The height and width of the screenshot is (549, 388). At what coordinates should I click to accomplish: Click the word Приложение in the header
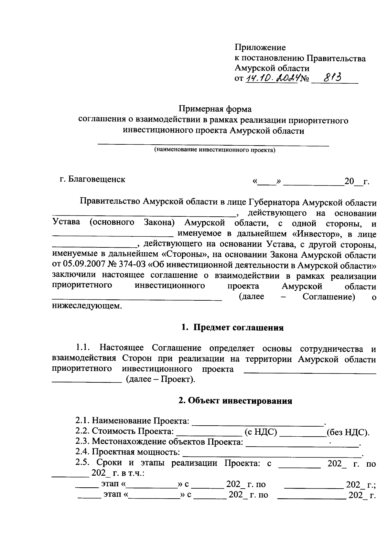pyautogui.click(x=260, y=48)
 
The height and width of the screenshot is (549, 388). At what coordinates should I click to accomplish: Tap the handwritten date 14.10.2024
pyautogui.click(x=272, y=78)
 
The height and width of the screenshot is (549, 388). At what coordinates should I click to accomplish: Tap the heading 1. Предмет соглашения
pyautogui.click(x=232, y=328)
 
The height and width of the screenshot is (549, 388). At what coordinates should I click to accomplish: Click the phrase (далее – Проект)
pyautogui.click(x=161, y=379)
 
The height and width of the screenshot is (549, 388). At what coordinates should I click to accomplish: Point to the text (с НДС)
pyautogui.click(x=261, y=432)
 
